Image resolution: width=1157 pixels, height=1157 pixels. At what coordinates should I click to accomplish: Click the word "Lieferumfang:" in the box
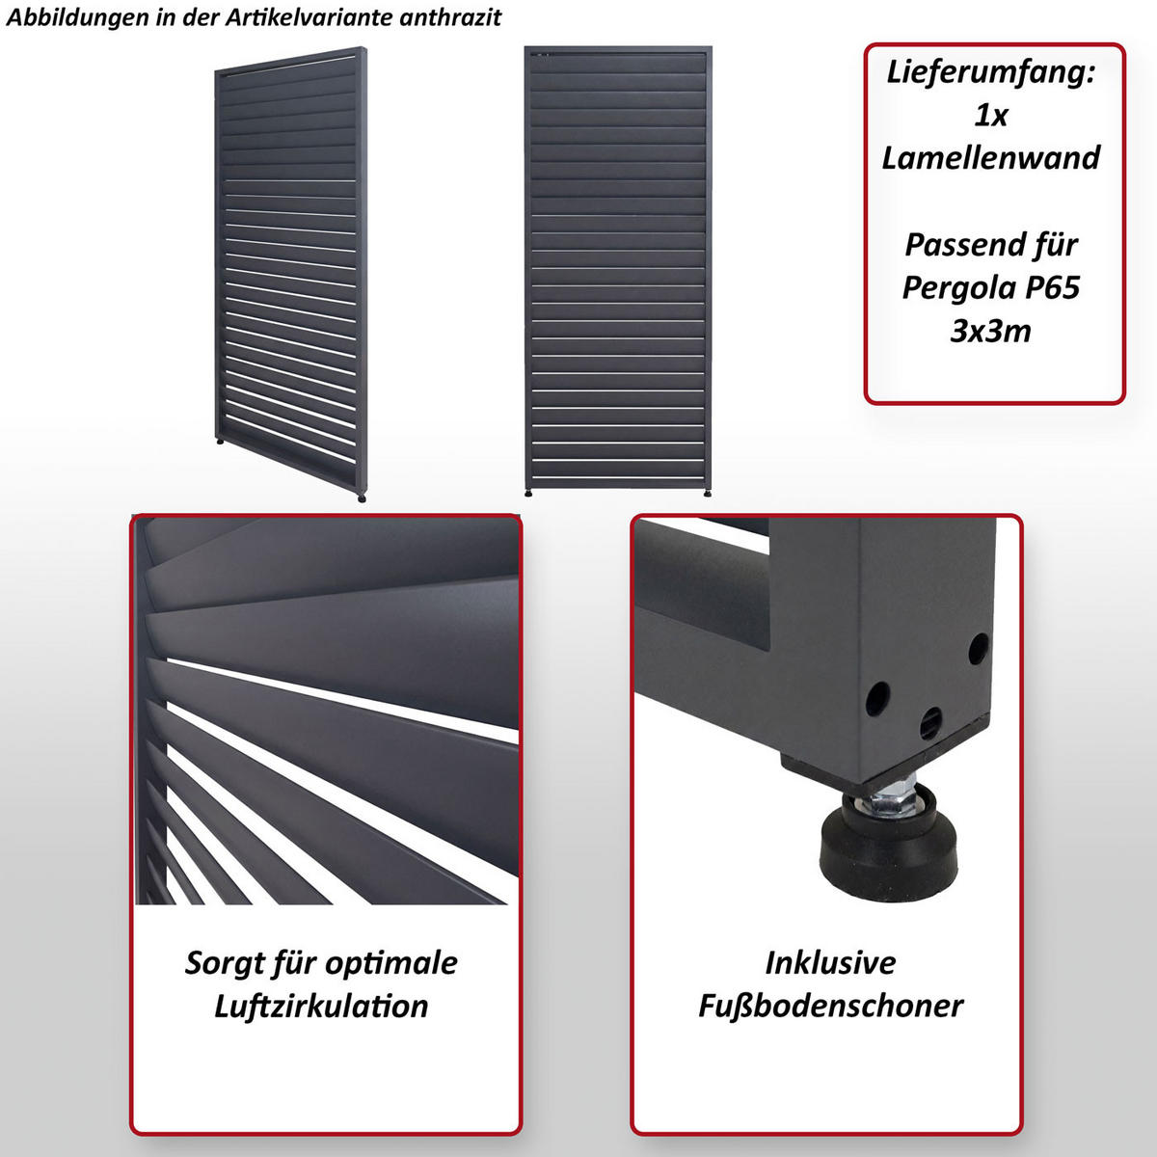(991, 72)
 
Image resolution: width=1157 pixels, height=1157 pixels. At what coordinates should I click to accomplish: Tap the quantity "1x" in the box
(991, 116)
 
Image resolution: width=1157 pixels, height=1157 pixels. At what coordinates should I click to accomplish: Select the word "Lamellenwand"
(991, 158)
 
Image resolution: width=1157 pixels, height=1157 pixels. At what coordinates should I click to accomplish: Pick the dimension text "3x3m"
(991, 331)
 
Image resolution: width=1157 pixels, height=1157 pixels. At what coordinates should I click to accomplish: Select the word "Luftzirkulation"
(321, 1006)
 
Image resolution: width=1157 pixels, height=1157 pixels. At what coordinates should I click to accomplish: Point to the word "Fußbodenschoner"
(830, 1006)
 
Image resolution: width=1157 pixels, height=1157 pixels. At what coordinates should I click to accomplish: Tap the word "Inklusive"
(830, 963)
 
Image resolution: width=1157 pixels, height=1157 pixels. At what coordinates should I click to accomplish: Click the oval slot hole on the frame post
(931, 719)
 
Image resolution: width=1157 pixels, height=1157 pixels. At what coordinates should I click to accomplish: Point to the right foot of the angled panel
(362, 498)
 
